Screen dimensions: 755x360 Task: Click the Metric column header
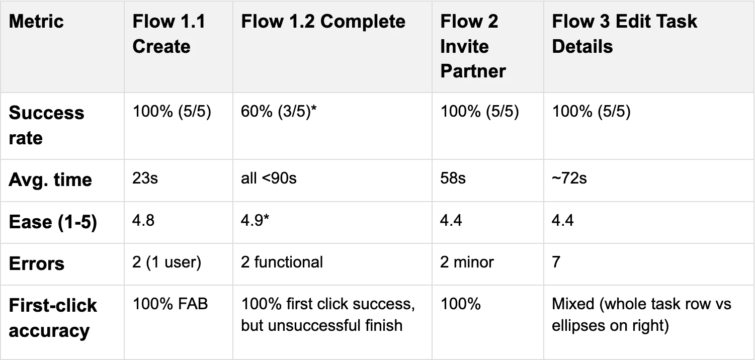(36, 22)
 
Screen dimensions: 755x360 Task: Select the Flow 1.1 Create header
(169, 34)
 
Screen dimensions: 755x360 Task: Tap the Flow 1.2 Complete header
(323, 22)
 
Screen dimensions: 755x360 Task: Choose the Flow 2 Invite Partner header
(473, 46)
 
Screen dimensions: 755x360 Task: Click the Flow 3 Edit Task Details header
(625, 34)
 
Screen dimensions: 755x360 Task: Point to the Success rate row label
(46, 125)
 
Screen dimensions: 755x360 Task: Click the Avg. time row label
(50, 179)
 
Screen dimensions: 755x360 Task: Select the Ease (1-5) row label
(53, 222)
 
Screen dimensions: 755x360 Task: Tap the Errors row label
(37, 263)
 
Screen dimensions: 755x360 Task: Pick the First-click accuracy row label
(53, 318)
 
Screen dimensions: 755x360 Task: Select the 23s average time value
(145, 178)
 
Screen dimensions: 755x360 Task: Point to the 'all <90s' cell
(269, 178)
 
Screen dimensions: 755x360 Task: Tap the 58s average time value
(453, 178)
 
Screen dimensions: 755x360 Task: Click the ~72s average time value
(569, 178)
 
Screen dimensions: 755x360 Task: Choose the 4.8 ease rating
(143, 221)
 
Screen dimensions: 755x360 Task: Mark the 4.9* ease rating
(253, 221)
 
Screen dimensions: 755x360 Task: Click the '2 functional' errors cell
(282, 262)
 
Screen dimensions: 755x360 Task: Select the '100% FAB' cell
(170, 304)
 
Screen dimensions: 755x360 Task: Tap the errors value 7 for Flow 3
(556, 262)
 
